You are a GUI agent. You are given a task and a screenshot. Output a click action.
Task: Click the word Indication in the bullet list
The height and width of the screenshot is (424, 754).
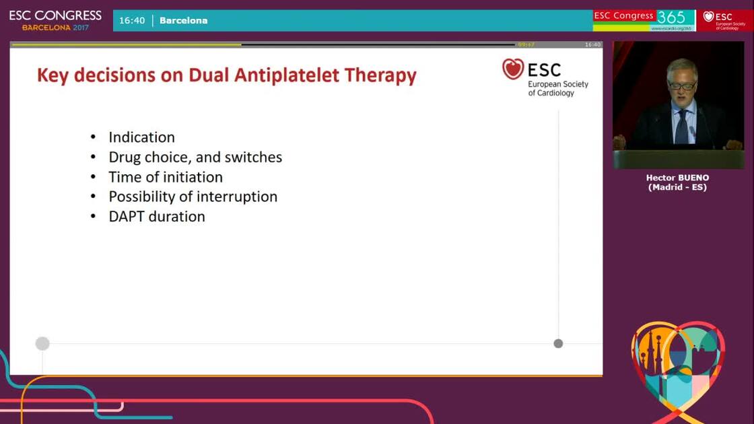click(141, 137)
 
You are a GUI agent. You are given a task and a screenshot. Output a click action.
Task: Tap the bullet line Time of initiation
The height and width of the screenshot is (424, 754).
click(166, 177)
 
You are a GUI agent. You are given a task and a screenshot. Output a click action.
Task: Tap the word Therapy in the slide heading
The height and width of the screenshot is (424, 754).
click(380, 75)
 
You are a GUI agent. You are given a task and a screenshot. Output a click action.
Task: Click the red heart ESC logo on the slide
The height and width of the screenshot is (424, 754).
click(513, 69)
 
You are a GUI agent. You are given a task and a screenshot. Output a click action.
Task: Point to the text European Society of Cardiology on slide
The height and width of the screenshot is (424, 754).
click(557, 88)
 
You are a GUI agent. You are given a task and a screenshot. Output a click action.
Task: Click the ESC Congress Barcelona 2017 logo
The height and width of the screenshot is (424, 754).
click(55, 20)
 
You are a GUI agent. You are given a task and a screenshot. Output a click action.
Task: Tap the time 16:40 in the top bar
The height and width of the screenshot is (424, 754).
click(132, 20)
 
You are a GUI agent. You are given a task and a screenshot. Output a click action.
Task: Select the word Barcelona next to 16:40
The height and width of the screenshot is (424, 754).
click(183, 20)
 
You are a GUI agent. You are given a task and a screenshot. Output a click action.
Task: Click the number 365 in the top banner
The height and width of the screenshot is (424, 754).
click(671, 17)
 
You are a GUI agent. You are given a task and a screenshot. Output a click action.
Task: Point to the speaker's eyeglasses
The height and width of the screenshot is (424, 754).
click(682, 85)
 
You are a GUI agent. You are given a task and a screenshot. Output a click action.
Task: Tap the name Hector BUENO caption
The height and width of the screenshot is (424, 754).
click(677, 178)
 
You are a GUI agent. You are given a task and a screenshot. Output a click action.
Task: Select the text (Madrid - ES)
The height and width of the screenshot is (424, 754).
click(677, 187)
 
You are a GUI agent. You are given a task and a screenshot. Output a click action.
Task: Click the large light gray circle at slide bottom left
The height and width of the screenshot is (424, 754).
click(42, 344)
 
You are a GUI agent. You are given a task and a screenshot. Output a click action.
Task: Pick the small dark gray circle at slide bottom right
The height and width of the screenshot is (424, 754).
click(558, 343)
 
